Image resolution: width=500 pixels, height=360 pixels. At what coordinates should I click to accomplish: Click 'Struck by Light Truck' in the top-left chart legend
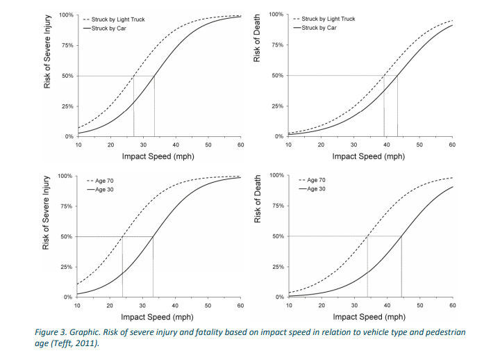coord(119,19)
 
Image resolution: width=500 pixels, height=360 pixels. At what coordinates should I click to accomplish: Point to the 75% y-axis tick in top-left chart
coord(67,45)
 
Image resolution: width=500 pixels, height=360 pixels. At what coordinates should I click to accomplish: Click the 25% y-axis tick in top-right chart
coord(276,106)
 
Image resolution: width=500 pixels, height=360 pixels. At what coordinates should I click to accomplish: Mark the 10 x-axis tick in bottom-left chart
coord(77,305)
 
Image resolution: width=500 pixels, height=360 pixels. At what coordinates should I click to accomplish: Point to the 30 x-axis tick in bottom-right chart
coord(354,304)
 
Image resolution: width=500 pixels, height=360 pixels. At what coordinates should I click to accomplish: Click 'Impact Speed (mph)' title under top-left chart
coord(158,156)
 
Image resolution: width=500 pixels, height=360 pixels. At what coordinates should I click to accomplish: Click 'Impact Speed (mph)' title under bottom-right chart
coord(368,316)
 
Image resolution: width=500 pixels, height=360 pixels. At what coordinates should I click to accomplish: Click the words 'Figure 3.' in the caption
coord(52,332)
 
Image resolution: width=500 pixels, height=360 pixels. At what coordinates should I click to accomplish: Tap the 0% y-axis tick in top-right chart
coord(278,136)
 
